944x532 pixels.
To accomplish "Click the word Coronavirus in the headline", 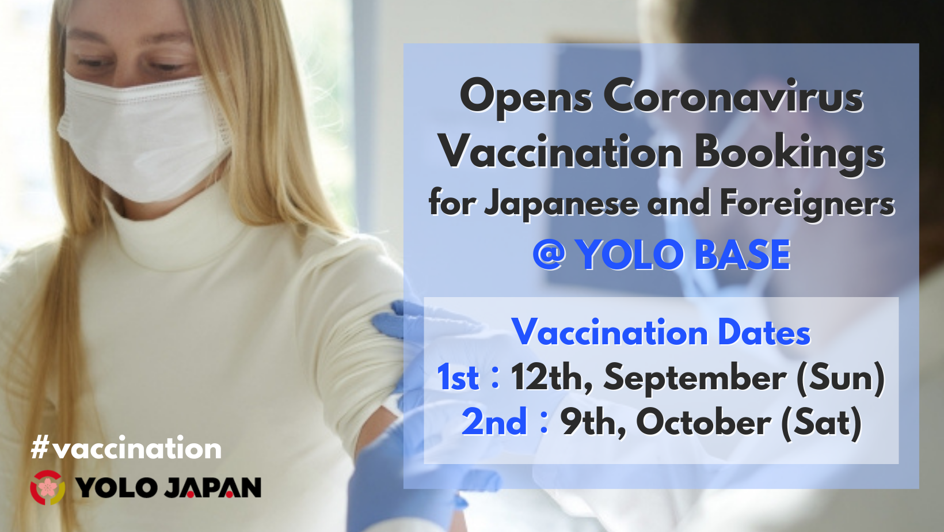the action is click(x=734, y=97).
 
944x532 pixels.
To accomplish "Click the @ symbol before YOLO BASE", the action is click(x=549, y=254).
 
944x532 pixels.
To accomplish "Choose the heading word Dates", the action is click(x=764, y=333).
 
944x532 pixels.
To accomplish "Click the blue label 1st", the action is click(x=458, y=377).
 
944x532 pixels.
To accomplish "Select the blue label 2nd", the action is click(x=494, y=422).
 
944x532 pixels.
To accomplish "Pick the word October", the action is click(x=704, y=422).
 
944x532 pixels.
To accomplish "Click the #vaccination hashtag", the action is click(x=126, y=448).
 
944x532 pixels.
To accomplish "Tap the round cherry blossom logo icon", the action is click(x=48, y=488).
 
